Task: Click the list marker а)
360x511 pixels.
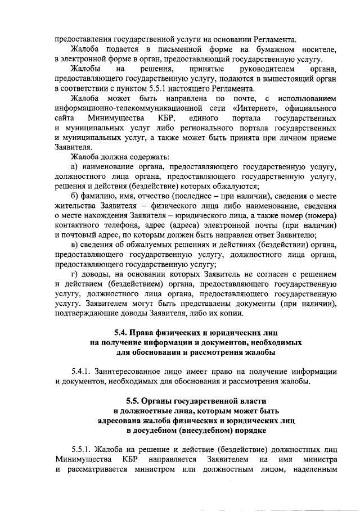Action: point(74,167)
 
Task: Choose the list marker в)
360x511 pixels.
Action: point(74,245)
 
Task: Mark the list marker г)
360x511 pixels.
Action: point(74,274)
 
